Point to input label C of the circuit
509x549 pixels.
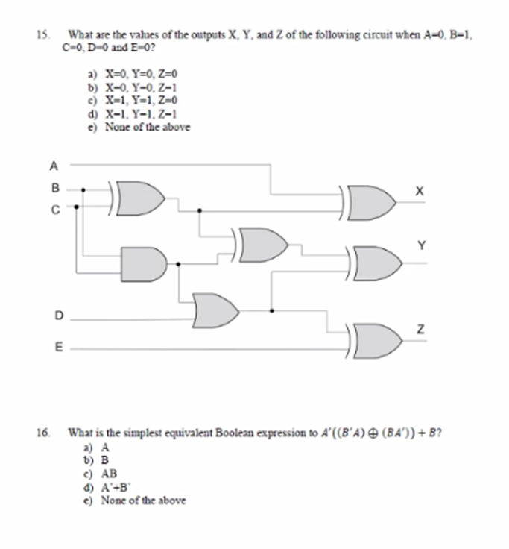coord(54,210)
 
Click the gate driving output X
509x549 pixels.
coord(375,201)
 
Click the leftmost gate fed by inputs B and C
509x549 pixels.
coord(142,197)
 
